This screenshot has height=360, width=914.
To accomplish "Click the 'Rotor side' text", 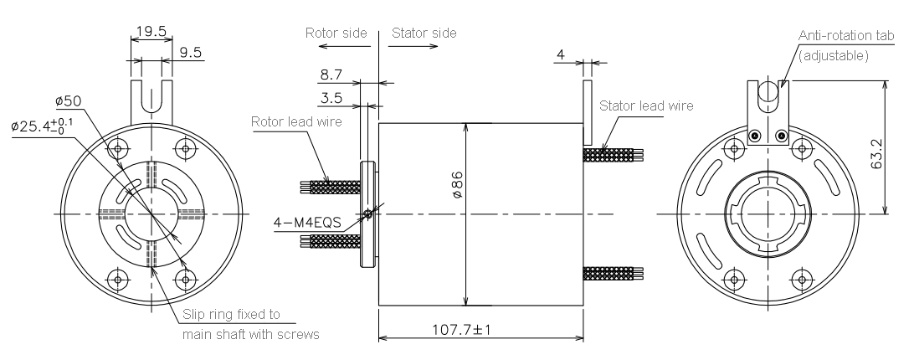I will tap(336, 33).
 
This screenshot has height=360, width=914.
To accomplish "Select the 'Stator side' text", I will tap(424, 33).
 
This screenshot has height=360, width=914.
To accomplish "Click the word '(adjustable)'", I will tap(834, 56).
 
